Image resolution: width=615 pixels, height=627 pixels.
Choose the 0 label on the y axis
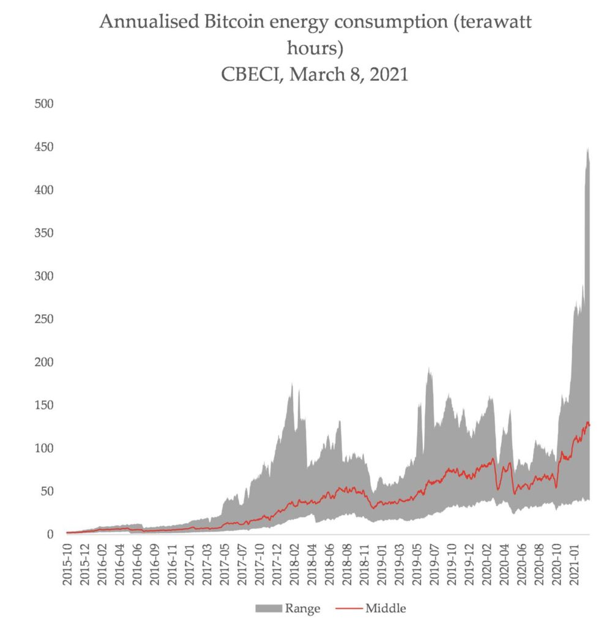(x=51, y=535)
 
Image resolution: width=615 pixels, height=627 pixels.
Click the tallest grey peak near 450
(x=587, y=149)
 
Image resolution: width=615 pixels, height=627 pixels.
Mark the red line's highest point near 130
(x=587, y=422)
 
